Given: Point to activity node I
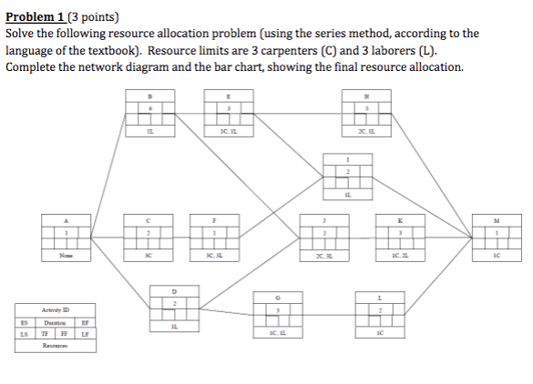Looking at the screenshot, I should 347,173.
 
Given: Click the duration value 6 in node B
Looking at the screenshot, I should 151,108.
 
